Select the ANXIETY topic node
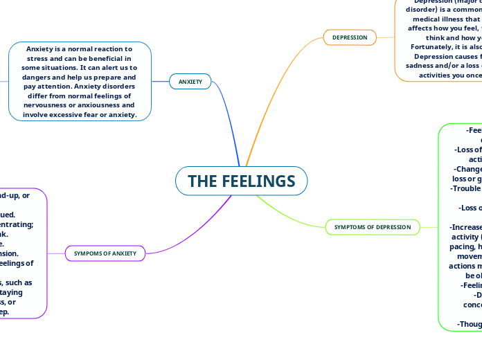(190, 82)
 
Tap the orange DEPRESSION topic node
(350, 37)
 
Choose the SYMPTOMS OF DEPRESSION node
(372, 226)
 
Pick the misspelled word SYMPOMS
(91, 253)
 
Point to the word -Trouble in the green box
(465, 188)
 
